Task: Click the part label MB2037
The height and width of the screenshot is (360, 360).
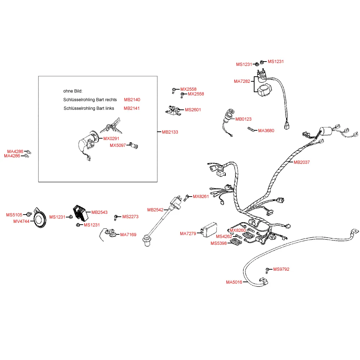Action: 302,162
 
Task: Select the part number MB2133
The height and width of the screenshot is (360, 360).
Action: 170,132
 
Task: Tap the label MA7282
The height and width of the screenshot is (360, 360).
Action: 242,81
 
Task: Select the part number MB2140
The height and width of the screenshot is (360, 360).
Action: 132,100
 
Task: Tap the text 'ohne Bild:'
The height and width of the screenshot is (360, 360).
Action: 73,91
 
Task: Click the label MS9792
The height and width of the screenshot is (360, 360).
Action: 281,269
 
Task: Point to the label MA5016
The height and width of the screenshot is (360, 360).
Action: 234,282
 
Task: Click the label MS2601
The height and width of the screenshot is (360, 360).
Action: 193,110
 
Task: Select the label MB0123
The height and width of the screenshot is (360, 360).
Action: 243,119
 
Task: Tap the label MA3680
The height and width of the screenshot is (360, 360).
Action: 266,131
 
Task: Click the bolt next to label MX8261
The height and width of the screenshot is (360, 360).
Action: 187,197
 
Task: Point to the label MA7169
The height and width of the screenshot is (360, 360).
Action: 128,235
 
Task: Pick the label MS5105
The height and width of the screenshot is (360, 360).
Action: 14,215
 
